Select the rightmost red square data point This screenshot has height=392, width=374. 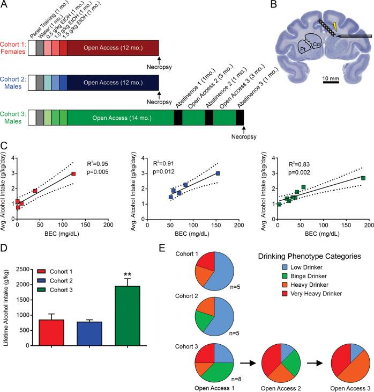tap(73, 173)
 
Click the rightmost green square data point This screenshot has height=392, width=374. tap(363, 178)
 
